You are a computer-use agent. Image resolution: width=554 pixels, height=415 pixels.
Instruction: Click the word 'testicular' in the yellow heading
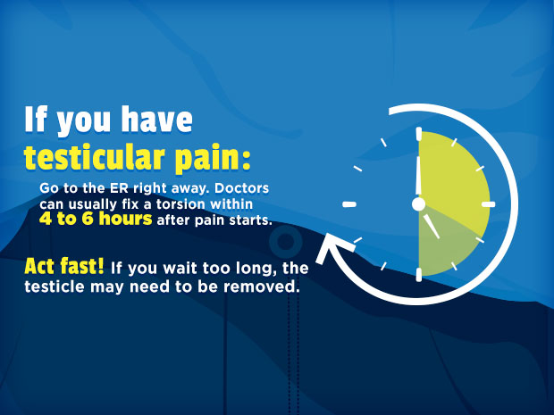pos(95,157)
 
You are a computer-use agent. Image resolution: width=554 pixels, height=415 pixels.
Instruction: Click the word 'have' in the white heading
pos(157,120)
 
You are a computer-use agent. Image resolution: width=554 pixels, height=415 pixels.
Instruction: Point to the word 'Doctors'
pos(241,188)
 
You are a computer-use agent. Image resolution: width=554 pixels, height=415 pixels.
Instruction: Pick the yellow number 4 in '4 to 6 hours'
pos(46,220)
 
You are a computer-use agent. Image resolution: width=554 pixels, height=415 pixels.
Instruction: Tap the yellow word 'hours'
pos(125,219)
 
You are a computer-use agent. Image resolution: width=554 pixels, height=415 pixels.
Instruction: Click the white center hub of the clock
pos(419,204)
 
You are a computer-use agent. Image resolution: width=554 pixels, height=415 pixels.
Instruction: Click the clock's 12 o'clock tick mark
pos(419,133)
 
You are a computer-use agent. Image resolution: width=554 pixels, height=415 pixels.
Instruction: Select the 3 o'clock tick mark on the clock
pos(489,204)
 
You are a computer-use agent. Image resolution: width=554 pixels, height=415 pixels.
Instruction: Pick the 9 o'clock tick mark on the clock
pos(349,204)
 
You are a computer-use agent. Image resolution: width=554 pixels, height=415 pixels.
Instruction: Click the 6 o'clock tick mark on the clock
pos(419,275)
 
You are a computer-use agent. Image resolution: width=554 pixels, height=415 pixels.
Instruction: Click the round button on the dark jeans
pos(285,242)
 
